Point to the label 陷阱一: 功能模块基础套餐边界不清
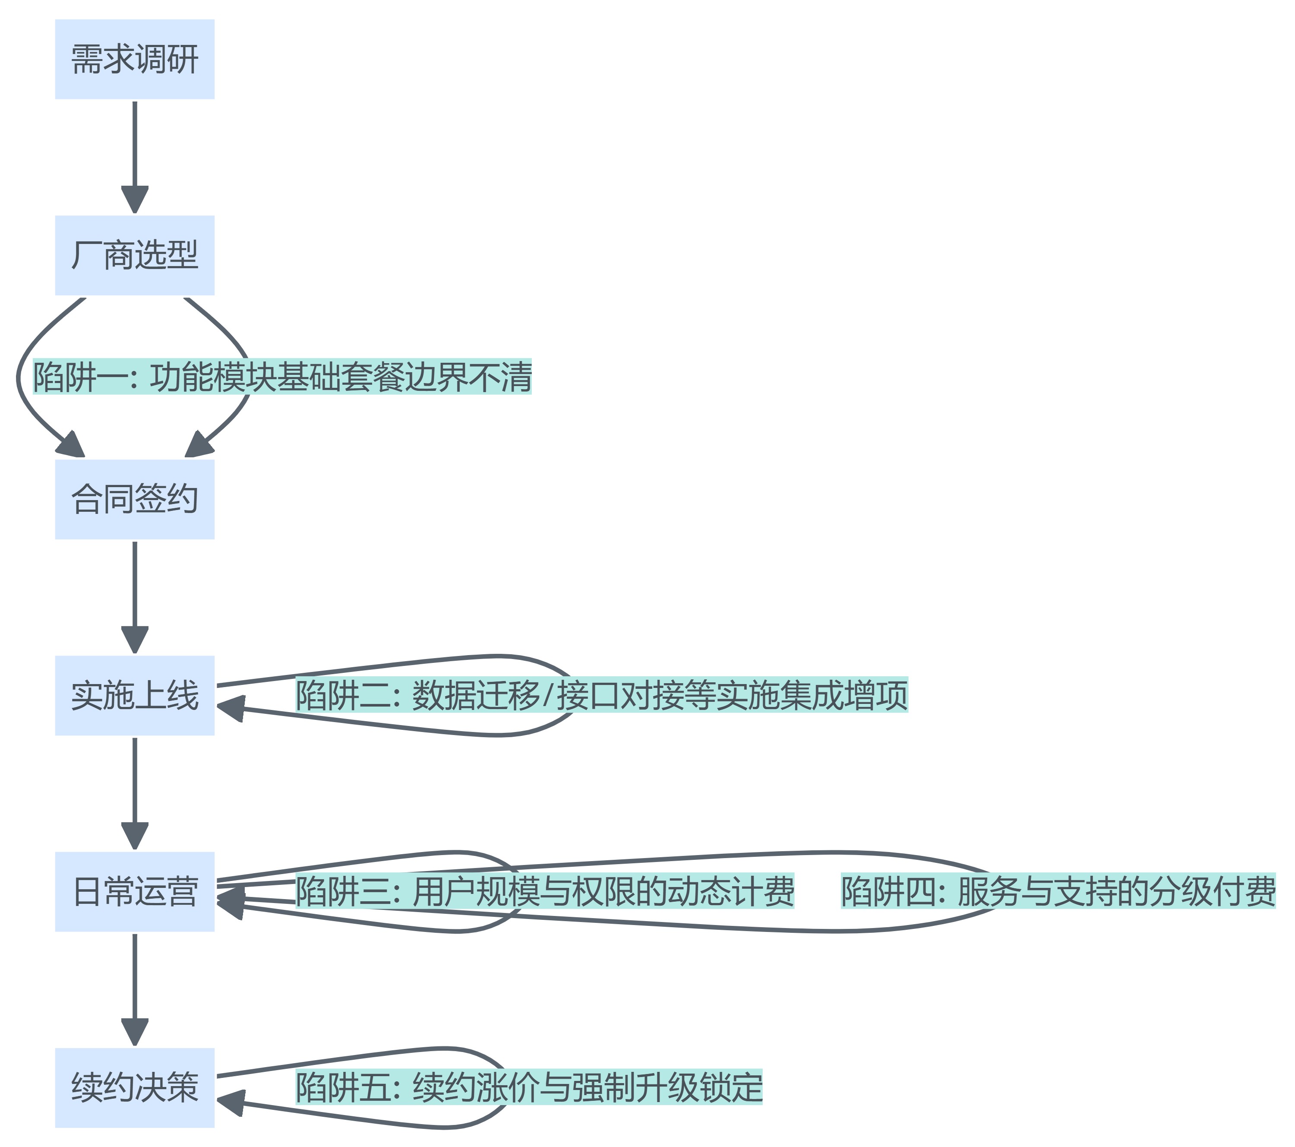(x=282, y=377)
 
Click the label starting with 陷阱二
(x=601, y=695)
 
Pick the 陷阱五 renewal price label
(x=529, y=1087)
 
